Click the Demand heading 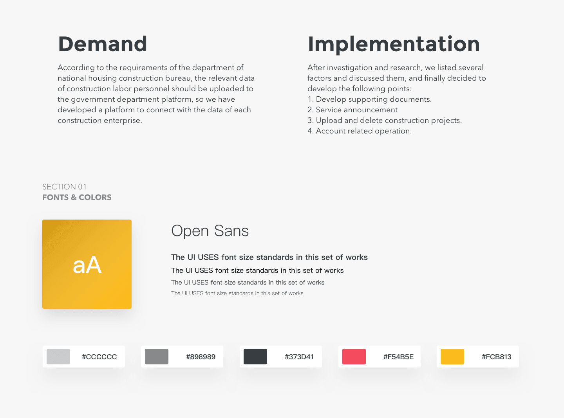103,44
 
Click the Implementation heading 394,45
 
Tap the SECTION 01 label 64,187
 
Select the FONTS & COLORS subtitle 77,197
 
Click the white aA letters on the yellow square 87,265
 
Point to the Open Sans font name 210,231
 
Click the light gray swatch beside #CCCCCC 58,357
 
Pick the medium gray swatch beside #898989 157,357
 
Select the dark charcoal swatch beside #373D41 255,357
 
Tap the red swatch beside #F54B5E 354,357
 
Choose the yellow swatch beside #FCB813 452,357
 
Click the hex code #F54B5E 398,357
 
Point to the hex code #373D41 299,357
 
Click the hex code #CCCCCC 99,357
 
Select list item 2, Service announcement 352,110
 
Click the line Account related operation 360,131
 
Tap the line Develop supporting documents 369,99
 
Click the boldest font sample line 269,257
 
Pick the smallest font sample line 237,293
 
